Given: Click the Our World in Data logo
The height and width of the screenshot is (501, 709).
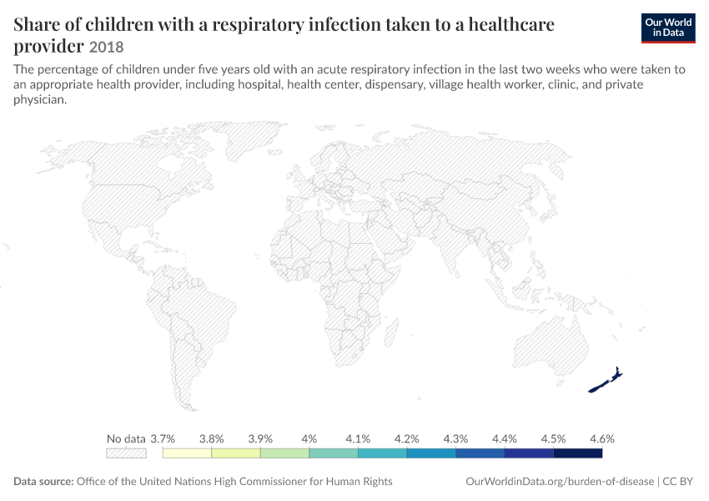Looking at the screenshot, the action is pos(668,28).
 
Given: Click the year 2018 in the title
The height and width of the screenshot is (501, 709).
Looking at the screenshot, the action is pos(106,47).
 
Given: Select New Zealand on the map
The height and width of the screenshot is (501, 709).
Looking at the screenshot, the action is pos(606,381).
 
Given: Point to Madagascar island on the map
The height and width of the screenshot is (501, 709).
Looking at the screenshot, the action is pos(391,332).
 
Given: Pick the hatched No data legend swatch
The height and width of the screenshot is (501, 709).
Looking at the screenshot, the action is pos(126,453).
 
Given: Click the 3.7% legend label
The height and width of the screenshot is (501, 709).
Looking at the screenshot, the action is pos(163,438).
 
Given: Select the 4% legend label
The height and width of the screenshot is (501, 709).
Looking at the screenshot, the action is pos(309,438).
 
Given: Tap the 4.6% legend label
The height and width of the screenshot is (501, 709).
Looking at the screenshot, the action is pos(602,438).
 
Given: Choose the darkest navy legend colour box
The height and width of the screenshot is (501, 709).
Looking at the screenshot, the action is pos(578,453).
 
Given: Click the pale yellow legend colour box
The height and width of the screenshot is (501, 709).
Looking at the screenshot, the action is pos(187,453).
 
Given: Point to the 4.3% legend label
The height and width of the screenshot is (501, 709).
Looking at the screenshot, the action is pos(455,438).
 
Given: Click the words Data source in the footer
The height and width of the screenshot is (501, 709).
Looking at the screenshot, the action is pos(43,482).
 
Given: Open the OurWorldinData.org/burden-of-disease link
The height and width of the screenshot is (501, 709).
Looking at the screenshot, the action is pos(560,482).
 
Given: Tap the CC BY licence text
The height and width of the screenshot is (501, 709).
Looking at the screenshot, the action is pos(678,482).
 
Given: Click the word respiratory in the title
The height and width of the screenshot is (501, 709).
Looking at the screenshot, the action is pos(259,25).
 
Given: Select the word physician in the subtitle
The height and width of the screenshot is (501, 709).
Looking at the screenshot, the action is pos(40,99).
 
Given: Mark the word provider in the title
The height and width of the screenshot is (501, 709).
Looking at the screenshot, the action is pos(49,47).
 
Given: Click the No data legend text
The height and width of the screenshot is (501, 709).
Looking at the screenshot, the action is pos(126,438).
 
